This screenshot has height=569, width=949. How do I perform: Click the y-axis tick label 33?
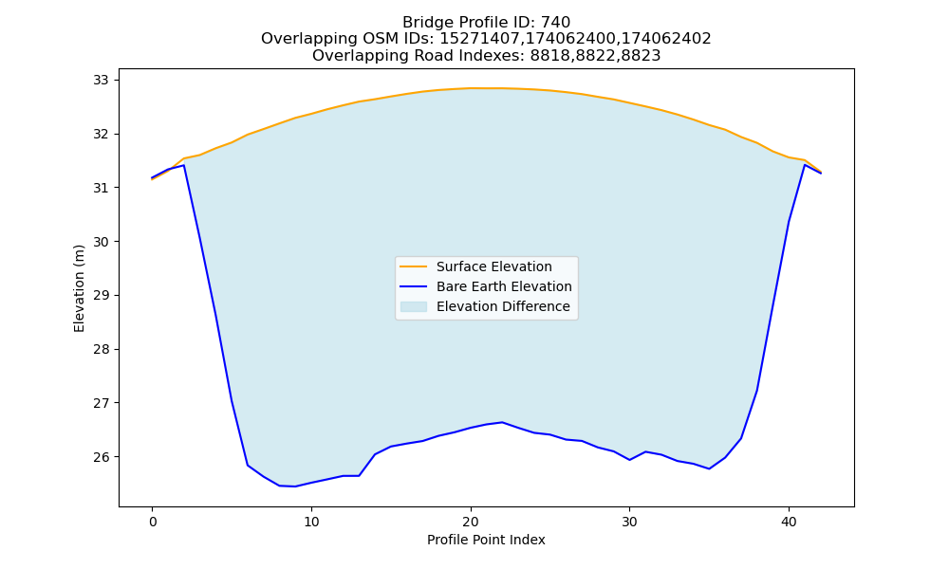click(x=102, y=80)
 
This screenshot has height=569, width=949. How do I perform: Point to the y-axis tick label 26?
click(x=102, y=456)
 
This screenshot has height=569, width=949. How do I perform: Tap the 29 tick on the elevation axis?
click(x=102, y=295)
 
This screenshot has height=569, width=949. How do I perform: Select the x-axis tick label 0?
click(x=152, y=522)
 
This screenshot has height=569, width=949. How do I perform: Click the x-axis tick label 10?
click(x=311, y=522)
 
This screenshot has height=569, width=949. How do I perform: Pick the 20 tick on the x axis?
click(x=471, y=522)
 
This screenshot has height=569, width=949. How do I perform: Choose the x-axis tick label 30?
click(x=629, y=522)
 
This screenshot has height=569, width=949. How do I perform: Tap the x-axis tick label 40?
click(x=789, y=522)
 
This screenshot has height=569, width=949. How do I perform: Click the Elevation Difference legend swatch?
click(x=414, y=306)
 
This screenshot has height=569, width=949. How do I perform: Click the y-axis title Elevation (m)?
click(x=79, y=288)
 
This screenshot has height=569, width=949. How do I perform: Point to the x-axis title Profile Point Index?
click(x=486, y=540)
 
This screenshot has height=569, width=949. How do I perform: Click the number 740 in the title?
click(x=555, y=23)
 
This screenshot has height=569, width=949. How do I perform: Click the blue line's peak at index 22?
click(x=502, y=422)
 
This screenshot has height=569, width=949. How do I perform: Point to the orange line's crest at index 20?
click(x=471, y=88)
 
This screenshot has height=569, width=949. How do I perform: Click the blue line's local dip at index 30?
click(x=629, y=460)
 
